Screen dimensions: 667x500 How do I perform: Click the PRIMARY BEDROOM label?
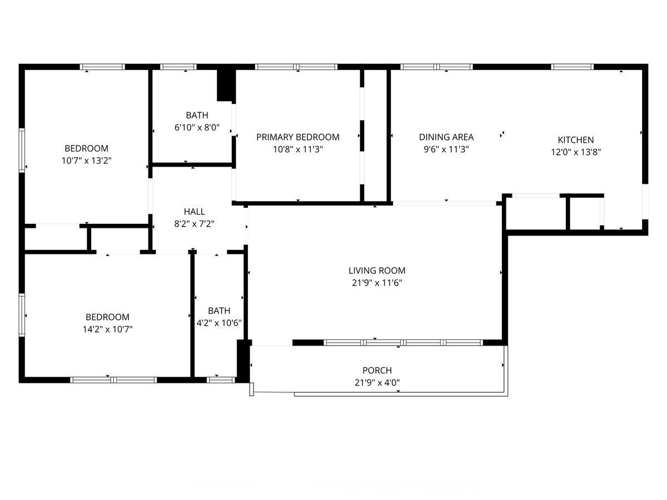[298, 137]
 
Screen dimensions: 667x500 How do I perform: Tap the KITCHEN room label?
[575, 140]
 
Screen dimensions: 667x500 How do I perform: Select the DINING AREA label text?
[446, 137]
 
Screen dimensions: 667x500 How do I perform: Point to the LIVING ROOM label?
[377, 271]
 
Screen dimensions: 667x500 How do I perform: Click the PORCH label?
[377, 371]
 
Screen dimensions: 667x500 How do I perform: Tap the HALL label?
[194, 212]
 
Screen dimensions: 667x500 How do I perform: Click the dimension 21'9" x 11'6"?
[377, 283]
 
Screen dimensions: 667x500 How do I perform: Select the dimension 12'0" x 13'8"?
[576, 152]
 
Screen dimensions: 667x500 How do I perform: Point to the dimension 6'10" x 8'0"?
[197, 128]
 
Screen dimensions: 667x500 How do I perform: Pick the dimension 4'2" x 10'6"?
[219, 323]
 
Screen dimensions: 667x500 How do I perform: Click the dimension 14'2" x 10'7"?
[108, 329]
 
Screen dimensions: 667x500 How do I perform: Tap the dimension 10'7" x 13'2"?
[87, 161]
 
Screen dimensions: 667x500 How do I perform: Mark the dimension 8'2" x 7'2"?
[194, 224]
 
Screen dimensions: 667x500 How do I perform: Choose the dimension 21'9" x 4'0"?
[377, 383]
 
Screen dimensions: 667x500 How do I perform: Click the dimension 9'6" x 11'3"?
[446, 149]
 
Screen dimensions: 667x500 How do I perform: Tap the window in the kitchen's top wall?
[572, 67]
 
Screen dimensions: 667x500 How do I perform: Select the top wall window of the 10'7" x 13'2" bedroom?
[102, 67]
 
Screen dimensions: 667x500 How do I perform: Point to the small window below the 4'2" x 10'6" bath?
[221, 380]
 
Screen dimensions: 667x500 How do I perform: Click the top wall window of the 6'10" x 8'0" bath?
[178, 67]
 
